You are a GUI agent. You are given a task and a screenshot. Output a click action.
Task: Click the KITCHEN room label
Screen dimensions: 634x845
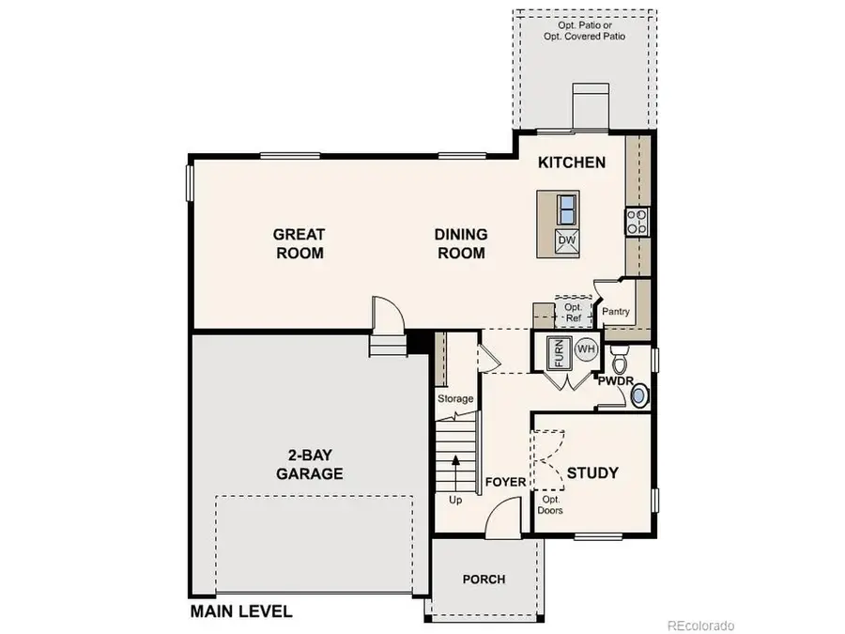[x=571, y=162]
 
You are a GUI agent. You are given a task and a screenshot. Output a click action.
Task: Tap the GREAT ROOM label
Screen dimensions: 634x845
[x=299, y=243]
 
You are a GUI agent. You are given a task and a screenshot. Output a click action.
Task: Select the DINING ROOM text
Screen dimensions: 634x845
[x=460, y=243]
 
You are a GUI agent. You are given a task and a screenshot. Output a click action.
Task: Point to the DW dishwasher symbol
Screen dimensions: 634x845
[x=566, y=240]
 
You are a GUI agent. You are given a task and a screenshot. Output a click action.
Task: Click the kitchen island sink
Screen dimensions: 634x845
[x=566, y=208]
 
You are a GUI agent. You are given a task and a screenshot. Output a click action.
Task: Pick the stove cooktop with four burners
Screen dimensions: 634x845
[x=636, y=221]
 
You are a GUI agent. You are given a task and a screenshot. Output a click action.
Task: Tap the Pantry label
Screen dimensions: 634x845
[x=615, y=313]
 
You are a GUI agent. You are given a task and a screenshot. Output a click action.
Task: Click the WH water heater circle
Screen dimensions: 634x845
[x=586, y=349]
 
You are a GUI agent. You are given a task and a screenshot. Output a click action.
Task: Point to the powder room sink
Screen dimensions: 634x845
[x=639, y=397]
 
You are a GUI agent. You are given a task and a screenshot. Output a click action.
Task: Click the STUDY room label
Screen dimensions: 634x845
[x=592, y=472]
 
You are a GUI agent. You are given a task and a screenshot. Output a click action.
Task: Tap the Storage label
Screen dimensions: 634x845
[x=455, y=399]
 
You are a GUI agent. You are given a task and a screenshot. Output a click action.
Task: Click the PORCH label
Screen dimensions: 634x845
[x=484, y=579]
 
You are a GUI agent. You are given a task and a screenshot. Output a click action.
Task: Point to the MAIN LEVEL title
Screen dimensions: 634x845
[x=241, y=611]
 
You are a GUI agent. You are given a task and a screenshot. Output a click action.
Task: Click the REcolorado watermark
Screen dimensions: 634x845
[x=700, y=625]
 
